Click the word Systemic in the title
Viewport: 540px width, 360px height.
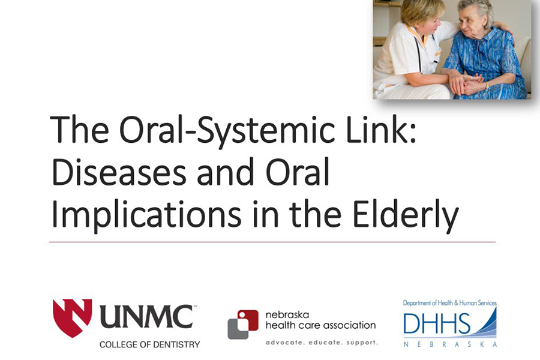click(x=265, y=131)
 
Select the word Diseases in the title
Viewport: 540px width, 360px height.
click(x=119, y=171)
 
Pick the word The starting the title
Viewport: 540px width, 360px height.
click(x=79, y=129)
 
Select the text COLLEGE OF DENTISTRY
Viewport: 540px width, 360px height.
click(x=150, y=344)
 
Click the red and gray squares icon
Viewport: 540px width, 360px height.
click(x=243, y=325)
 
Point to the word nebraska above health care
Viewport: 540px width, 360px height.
click(x=287, y=314)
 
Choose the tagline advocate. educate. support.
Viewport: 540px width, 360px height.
click(x=322, y=343)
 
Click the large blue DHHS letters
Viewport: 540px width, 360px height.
click(x=436, y=324)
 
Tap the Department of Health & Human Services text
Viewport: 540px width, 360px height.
click(x=450, y=303)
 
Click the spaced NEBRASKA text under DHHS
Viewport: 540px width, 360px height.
click(x=450, y=344)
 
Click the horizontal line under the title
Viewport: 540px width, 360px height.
click(x=272, y=242)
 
